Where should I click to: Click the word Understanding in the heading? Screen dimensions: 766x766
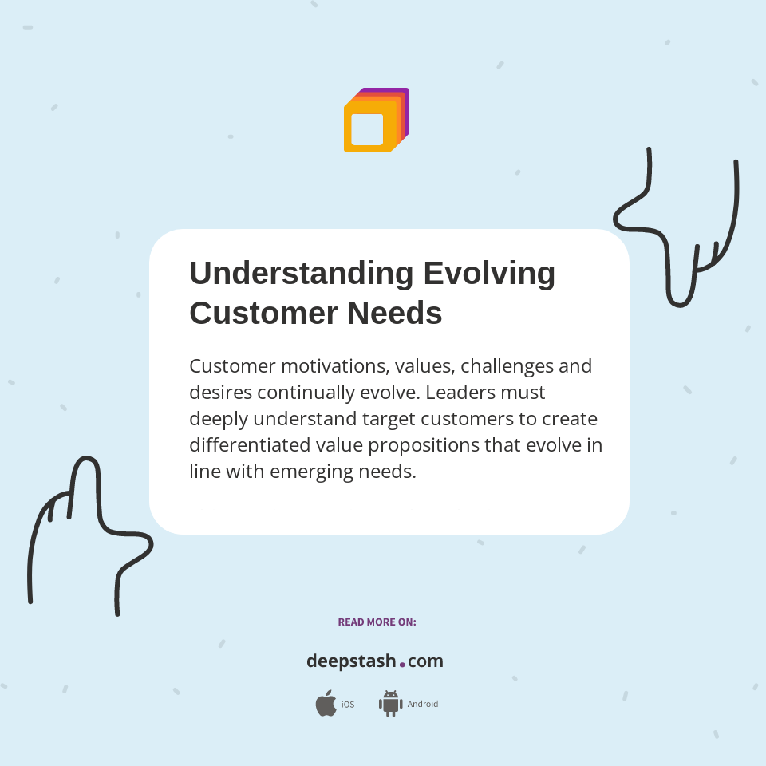pyautogui.click(x=301, y=274)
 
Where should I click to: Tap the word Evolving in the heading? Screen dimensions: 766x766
pyautogui.click(x=489, y=274)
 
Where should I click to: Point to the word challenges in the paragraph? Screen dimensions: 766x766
pyautogui.click(x=506, y=366)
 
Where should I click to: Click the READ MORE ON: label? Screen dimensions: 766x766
pyautogui.click(x=377, y=622)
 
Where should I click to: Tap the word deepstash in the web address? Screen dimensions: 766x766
pyautogui.click(x=351, y=661)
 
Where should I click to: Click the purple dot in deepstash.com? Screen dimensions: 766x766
pyautogui.click(x=402, y=664)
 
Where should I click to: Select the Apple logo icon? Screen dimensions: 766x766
pyautogui.click(x=326, y=703)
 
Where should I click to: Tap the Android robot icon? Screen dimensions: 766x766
pyautogui.click(x=390, y=703)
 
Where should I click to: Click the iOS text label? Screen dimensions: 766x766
pyautogui.click(x=348, y=705)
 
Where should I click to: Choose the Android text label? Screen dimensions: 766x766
pyautogui.click(x=423, y=705)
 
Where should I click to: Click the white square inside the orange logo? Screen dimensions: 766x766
pyautogui.click(x=367, y=129)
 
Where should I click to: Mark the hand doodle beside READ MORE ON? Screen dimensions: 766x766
pyautogui.click(x=88, y=535)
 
